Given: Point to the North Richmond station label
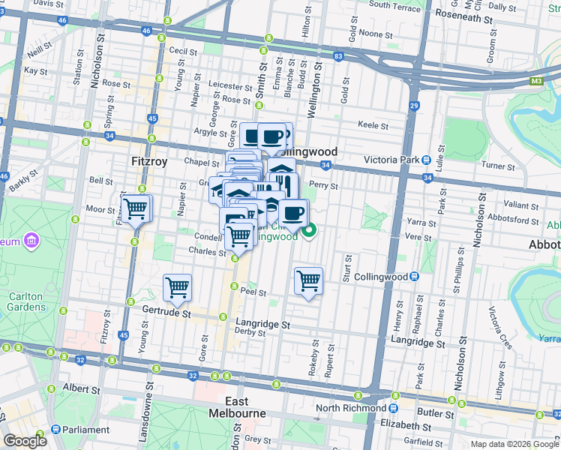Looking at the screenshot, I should [x=350, y=408].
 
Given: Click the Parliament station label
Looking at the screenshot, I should [x=85, y=430].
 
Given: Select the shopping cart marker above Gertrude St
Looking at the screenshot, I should [x=177, y=286].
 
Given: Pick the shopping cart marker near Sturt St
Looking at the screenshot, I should [x=308, y=281].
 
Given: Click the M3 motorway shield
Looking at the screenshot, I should [x=535, y=80].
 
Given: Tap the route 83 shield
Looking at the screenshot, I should [x=339, y=56].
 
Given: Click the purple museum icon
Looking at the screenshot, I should [x=31, y=241].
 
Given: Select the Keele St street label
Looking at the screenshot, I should [x=373, y=125].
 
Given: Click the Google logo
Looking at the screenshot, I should [x=24, y=441].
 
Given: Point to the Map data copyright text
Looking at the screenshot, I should [x=514, y=444].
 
